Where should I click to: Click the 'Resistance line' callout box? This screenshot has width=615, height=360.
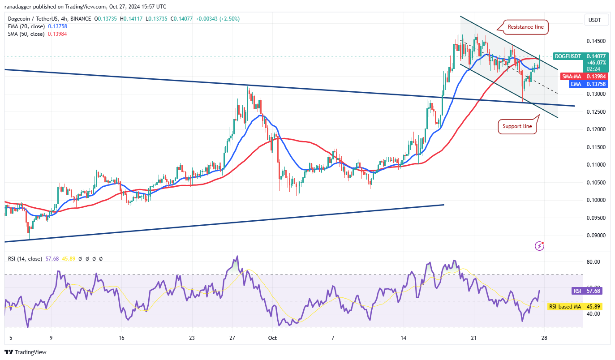(525, 27)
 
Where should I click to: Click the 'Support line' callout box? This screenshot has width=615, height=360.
(517, 126)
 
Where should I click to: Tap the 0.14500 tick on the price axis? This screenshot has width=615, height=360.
(595, 41)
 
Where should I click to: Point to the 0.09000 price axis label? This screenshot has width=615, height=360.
(595, 236)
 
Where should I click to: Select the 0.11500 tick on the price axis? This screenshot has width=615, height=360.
(595, 147)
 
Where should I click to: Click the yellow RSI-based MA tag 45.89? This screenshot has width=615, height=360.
(575, 307)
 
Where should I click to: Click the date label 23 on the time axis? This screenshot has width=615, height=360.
(192, 339)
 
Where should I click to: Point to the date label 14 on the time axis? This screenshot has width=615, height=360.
(404, 339)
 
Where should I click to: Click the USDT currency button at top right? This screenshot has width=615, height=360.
(595, 20)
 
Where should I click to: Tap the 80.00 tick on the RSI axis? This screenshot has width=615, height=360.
(593, 262)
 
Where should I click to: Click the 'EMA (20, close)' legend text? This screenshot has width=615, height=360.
(26, 26)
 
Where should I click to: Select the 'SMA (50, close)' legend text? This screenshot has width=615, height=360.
(26, 34)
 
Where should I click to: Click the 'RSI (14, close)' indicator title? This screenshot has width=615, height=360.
(25, 259)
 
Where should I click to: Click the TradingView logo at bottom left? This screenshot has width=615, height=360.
(26, 352)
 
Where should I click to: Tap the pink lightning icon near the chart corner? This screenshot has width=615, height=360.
(540, 246)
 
